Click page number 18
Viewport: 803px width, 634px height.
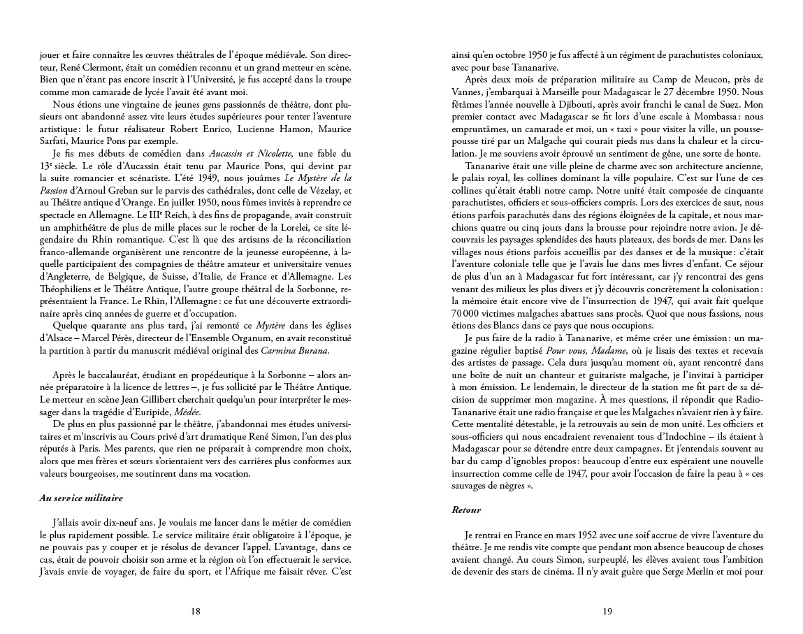[x=196, y=611]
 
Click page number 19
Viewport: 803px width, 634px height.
[x=607, y=611]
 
